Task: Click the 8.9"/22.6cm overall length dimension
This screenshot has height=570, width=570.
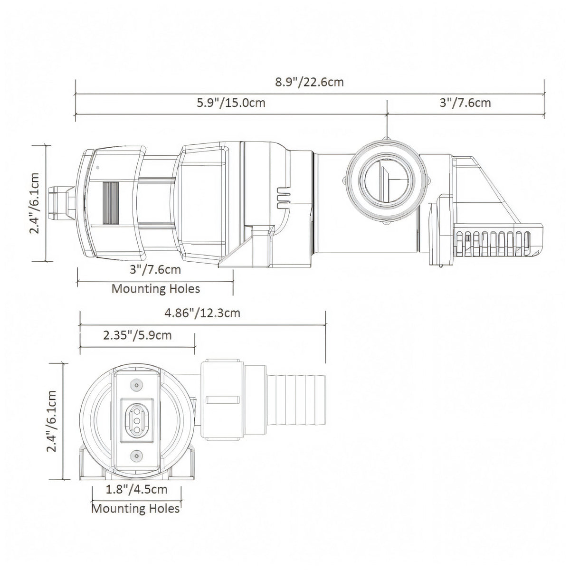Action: (x=309, y=82)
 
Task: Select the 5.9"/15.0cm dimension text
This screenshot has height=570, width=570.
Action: (x=231, y=103)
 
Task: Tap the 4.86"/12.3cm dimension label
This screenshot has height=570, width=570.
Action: (x=202, y=313)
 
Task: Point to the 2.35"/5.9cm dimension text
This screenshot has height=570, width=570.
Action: (x=137, y=335)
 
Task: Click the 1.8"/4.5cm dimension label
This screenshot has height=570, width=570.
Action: (x=137, y=489)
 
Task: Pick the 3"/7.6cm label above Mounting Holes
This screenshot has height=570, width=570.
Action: (x=155, y=270)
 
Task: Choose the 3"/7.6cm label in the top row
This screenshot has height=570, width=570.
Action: (x=465, y=103)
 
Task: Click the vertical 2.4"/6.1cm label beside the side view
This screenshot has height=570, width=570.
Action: (x=35, y=203)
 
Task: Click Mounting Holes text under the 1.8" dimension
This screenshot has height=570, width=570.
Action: (x=136, y=508)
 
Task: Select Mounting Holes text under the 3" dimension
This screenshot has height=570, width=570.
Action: (x=156, y=289)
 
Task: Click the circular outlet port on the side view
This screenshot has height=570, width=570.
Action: (x=387, y=180)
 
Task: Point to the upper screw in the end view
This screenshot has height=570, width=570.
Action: (x=137, y=385)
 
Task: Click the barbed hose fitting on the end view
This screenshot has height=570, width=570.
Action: (x=296, y=400)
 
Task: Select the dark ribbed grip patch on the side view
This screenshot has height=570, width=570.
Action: (x=110, y=203)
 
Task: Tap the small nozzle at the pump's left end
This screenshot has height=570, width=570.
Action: (x=62, y=203)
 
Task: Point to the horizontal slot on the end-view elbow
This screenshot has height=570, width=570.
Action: (x=222, y=400)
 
